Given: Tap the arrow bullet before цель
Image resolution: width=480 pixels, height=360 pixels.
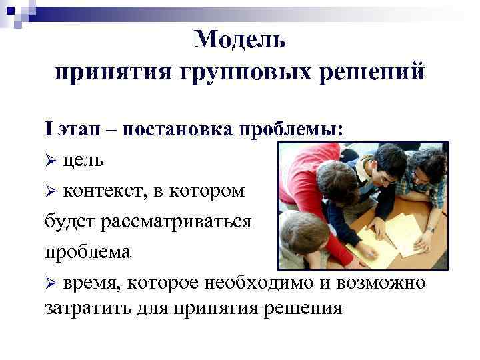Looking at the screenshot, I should tap(50, 161).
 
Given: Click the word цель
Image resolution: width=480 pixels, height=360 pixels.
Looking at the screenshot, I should tap(84, 161).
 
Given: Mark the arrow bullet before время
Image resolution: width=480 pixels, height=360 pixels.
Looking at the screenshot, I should tap(50, 283).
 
